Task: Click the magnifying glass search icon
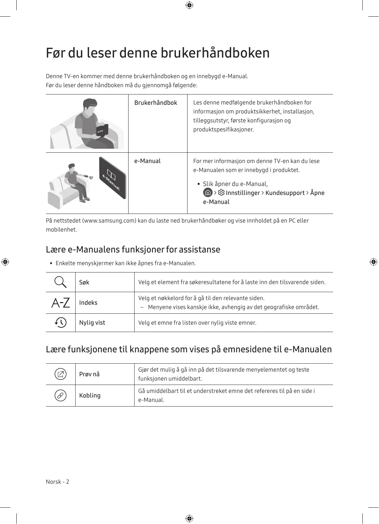coord(60,282)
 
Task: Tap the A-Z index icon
coord(61,303)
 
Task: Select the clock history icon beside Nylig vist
coord(61,322)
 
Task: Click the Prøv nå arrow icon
coord(60,374)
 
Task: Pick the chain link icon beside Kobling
coord(60,396)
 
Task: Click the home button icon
coord(207,193)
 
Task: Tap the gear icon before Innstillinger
coord(221,193)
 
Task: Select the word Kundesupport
coord(285,193)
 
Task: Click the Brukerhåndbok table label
coord(156,103)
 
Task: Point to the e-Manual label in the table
coord(147,161)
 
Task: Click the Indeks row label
coord(88,303)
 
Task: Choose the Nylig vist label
coord(92,323)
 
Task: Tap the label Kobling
coord(90,396)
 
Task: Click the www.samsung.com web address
coord(109,221)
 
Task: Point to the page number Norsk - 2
coord(58,482)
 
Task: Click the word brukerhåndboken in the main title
coord(215,53)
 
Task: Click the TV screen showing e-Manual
coord(112,178)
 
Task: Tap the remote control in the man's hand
coord(86,175)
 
